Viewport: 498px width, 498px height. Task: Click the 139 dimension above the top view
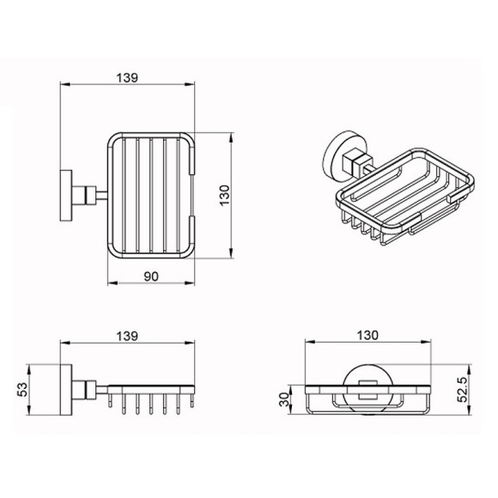point(128,76)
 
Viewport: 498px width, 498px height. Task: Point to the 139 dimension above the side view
point(128,337)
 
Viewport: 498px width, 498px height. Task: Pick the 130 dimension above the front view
point(370,337)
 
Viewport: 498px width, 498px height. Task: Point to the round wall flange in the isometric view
point(337,153)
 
